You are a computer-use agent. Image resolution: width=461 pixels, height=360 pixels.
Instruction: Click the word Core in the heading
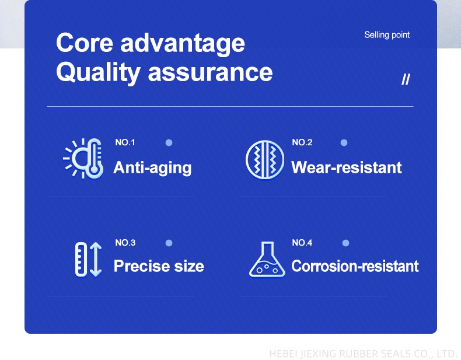[85, 43]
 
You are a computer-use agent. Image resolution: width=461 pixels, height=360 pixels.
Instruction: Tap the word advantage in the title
[183, 44]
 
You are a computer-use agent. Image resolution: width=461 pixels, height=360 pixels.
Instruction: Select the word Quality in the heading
[98, 73]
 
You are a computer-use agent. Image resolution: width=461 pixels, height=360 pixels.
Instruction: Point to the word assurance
[210, 73]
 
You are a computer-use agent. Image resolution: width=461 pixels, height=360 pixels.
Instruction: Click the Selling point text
[387, 35]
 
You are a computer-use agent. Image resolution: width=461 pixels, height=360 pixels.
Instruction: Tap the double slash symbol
[406, 79]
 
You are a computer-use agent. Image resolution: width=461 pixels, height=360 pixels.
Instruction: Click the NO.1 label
[125, 142]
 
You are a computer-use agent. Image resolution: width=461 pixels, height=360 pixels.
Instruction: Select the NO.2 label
[302, 142]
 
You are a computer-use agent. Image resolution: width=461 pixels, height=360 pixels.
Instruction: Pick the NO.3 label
[125, 243]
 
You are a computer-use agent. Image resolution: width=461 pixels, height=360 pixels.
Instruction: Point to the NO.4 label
[302, 243]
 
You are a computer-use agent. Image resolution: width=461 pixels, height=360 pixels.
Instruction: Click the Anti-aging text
[152, 168]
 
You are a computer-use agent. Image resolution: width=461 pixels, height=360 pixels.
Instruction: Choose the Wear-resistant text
[347, 167]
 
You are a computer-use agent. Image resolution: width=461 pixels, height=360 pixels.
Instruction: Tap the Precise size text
[159, 266]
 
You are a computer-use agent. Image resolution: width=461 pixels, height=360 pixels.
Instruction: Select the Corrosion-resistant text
[355, 266]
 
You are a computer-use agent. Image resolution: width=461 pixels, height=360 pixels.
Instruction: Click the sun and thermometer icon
[83, 158]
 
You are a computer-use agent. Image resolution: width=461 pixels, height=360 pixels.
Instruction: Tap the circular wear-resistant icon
[265, 159]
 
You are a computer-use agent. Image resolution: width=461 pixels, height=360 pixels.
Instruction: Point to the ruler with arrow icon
[88, 260]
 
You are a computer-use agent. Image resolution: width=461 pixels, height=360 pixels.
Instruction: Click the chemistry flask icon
[267, 260]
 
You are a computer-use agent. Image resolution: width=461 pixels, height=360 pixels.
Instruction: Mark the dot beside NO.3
[169, 243]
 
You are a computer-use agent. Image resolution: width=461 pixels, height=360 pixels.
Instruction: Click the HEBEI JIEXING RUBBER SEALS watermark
[362, 353]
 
